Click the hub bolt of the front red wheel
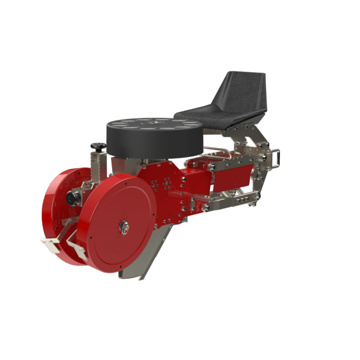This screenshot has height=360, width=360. pos(123,227)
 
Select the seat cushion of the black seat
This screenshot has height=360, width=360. pos(216,114)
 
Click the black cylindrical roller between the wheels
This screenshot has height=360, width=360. pos(72,198)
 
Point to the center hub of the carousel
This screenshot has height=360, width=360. pos(154,122)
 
